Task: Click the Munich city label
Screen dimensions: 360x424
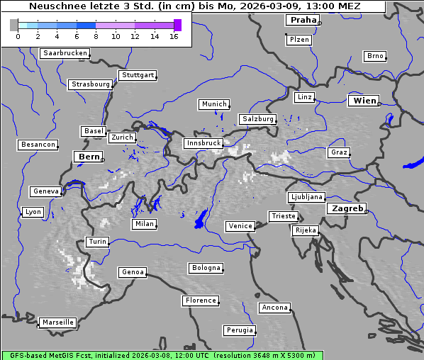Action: click(x=213, y=104)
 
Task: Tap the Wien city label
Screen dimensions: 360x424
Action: click(x=364, y=101)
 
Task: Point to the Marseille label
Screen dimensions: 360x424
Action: click(x=57, y=322)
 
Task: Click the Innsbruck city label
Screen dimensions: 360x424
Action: click(x=203, y=143)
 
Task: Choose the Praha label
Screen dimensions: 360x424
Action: click(x=303, y=20)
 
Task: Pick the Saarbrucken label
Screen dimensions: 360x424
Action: click(x=65, y=53)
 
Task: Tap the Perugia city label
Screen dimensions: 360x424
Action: click(x=239, y=330)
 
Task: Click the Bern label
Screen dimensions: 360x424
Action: click(x=89, y=157)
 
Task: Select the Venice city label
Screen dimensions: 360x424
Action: click(x=240, y=226)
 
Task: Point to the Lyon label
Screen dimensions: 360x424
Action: click(x=33, y=212)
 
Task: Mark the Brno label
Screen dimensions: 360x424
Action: click(x=374, y=56)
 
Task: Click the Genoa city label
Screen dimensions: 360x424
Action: click(x=133, y=272)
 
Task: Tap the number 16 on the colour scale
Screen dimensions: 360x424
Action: click(x=174, y=36)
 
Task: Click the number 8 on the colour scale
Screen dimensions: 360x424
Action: click(x=96, y=36)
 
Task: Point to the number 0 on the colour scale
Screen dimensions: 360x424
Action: click(x=18, y=36)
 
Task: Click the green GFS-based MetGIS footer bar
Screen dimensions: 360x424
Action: click(x=162, y=355)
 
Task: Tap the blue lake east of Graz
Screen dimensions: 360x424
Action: click(x=413, y=164)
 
